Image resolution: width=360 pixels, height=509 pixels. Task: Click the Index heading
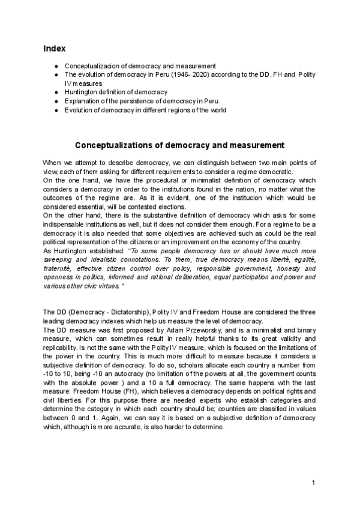(x=55, y=47)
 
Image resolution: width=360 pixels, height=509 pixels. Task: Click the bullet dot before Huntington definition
(x=56, y=92)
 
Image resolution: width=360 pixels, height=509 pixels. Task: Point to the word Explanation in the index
(x=82, y=101)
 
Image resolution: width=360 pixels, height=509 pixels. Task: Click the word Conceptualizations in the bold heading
(x=116, y=146)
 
